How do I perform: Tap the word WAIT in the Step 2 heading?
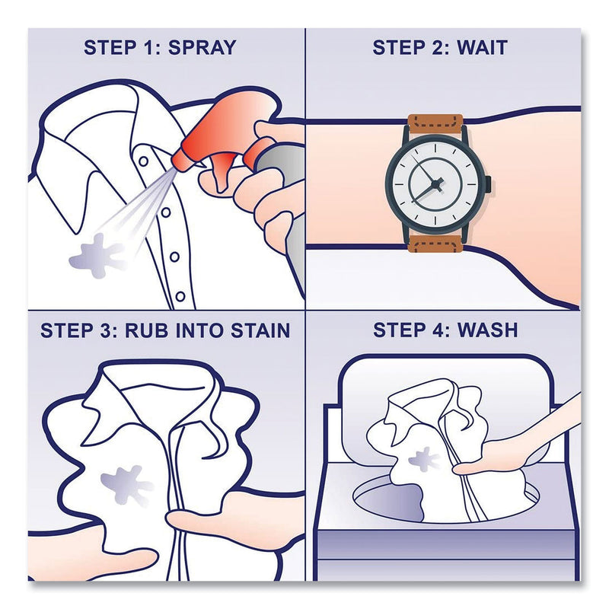coord(482,47)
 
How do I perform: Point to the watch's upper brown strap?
coord(435,123)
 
